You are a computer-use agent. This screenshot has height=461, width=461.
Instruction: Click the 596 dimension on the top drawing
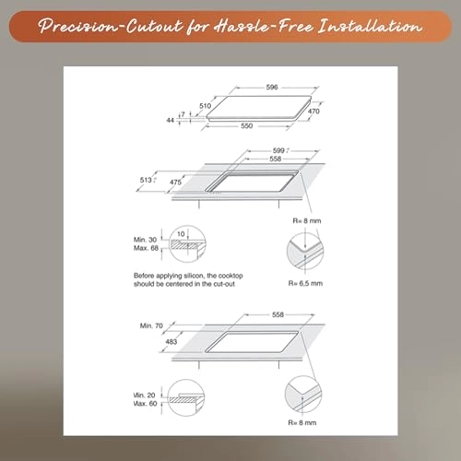click(x=272, y=88)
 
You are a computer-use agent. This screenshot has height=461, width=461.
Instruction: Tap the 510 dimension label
click(x=205, y=106)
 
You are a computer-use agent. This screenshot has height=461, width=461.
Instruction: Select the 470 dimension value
click(x=313, y=111)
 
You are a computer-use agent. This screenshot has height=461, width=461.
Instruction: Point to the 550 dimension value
click(x=246, y=125)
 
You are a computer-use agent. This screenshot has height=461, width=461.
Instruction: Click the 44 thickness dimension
click(x=171, y=120)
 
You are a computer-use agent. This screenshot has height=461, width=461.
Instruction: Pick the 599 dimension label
click(x=278, y=150)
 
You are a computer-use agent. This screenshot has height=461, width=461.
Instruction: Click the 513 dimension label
click(x=146, y=180)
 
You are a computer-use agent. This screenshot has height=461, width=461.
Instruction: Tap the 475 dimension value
click(x=175, y=183)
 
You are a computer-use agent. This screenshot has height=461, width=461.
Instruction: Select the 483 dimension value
click(x=171, y=341)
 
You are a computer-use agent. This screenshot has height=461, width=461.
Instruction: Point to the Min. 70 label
click(x=151, y=325)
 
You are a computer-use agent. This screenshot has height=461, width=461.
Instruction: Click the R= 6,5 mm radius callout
click(x=305, y=283)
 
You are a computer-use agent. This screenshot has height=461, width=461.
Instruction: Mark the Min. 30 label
click(x=145, y=240)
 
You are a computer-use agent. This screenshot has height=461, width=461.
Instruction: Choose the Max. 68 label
click(x=146, y=248)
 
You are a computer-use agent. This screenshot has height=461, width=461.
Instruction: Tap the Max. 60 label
click(x=145, y=404)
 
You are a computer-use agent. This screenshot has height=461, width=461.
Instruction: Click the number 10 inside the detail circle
click(x=181, y=234)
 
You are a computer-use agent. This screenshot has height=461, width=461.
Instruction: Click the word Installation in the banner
click(x=370, y=27)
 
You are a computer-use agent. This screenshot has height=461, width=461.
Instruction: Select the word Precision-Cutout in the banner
click(x=111, y=27)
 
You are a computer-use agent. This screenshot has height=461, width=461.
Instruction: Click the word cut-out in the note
click(x=224, y=284)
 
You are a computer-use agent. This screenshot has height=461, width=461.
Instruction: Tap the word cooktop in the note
click(x=230, y=276)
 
